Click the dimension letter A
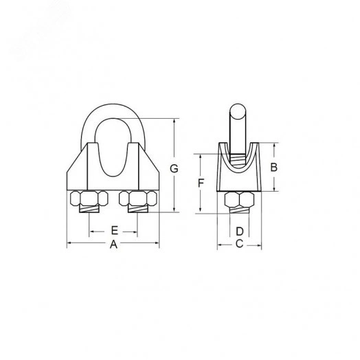(113, 245)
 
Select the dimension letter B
(273, 167)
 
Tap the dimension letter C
(239, 244)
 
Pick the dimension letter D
(240, 232)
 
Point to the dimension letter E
(114, 230)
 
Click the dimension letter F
(201, 183)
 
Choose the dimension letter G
(174, 169)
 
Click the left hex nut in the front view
(89, 198)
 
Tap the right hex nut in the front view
(138, 198)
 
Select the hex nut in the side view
(240, 199)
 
